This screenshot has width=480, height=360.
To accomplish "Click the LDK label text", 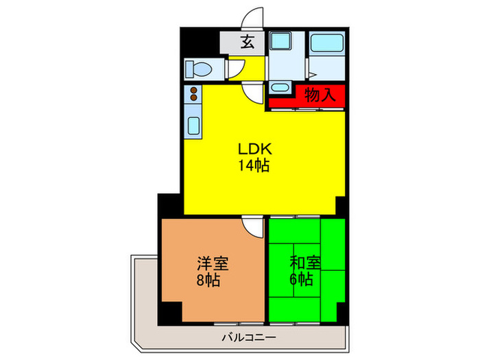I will click(x=256, y=149).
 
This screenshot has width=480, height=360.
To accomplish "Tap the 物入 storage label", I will click(x=320, y=95).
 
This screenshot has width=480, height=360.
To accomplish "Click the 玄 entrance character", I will click(x=248, y=43).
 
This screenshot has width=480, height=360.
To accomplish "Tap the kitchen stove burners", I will click(x=193, y=94).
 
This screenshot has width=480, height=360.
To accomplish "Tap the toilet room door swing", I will click(x=235, y=69).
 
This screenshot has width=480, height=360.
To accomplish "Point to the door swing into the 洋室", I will click(x=253, y=224).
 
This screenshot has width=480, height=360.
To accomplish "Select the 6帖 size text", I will click(x=301, y=280).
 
